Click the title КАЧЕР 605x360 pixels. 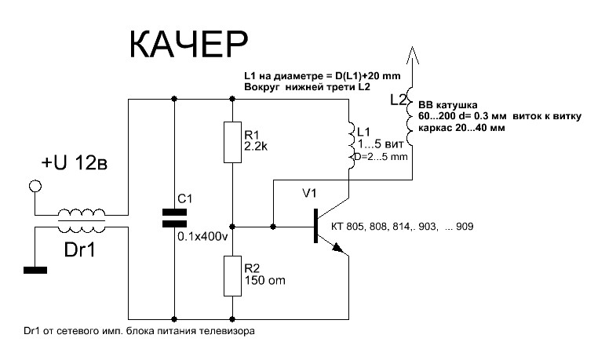pos(188,46)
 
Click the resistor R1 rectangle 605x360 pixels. pos(231,141)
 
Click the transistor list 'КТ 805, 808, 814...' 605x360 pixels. pos(409,226)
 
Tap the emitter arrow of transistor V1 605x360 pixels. pos(337,247)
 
